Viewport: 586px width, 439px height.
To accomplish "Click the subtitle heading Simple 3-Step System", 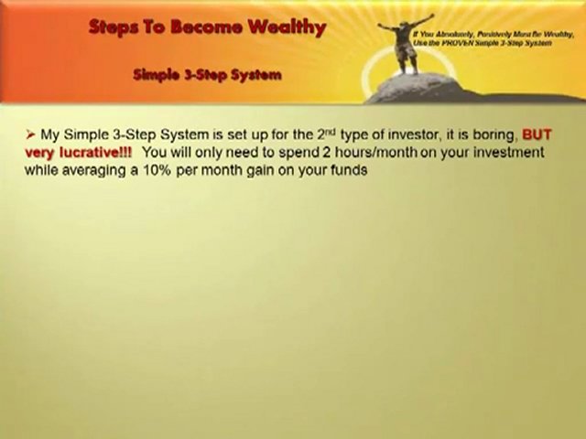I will [x=207, y=74].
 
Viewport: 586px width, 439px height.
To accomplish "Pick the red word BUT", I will [x=537, y=134].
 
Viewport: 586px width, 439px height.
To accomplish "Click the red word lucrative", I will [x=90, y=152].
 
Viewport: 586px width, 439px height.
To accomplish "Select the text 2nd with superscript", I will [x=342, y=134].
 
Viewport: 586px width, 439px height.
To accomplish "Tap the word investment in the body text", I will [x=506, y=152].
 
